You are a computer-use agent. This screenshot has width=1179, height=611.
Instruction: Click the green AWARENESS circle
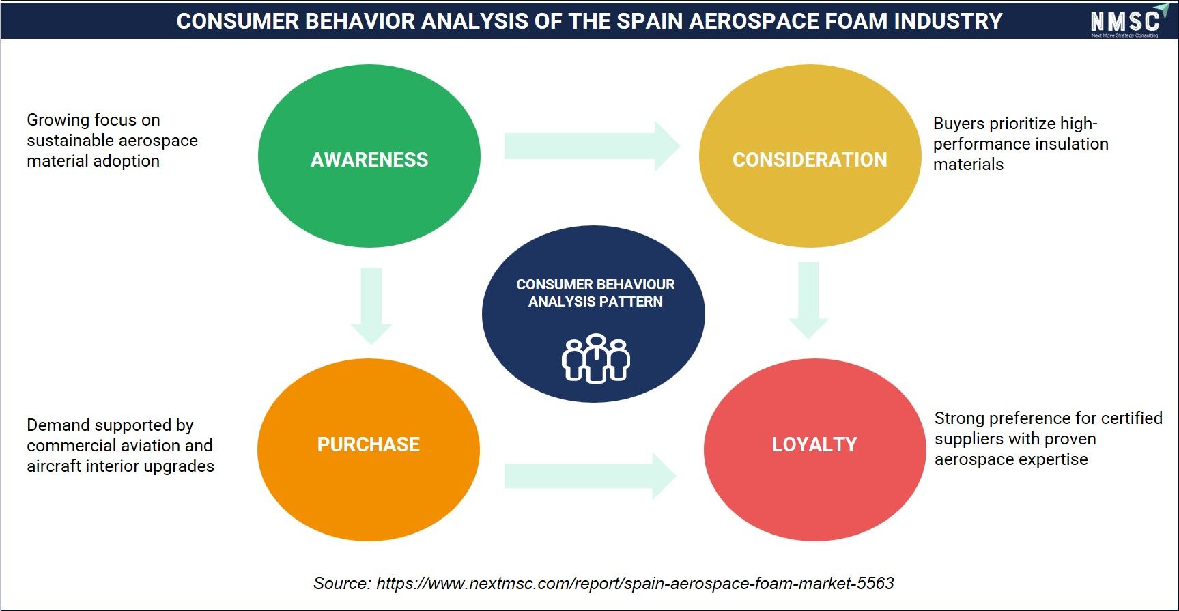click(x=369, y=156)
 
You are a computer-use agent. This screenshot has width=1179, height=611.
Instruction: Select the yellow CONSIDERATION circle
click(x=810, y=156)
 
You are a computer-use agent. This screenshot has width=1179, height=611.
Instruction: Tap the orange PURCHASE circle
click(x=369, y=450)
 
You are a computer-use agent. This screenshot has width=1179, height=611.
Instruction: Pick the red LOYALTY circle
click(x=814, y=450)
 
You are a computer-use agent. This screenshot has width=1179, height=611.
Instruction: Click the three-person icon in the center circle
click(x=596, y=358)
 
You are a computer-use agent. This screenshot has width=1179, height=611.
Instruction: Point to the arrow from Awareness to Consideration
click(x=593, y=146)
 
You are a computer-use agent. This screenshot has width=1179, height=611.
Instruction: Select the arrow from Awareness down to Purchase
click(x=371, y=306)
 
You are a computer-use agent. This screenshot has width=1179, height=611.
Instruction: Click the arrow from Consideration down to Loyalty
click(x=809, y=300)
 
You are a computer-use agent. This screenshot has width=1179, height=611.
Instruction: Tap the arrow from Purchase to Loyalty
click(x=591, y=476)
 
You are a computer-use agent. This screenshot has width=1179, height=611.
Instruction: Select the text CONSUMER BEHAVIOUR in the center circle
click(x=595, y=285)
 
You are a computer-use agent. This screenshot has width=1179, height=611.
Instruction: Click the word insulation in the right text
click(x=1071, y=144)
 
